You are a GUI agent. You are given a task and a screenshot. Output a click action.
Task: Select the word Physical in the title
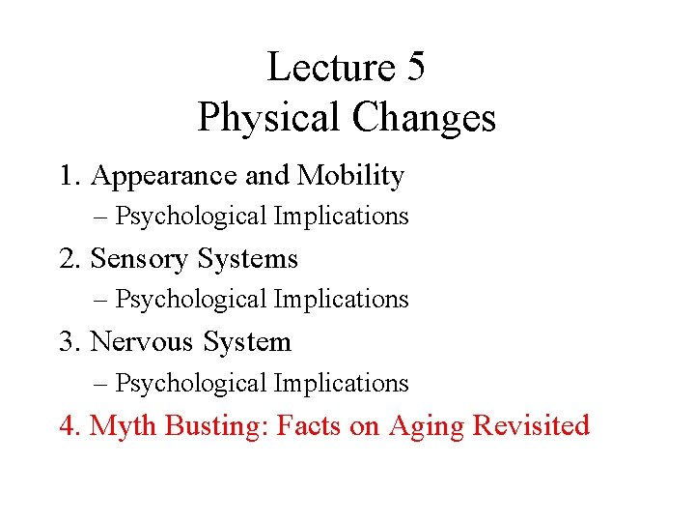click(x=269, y=118)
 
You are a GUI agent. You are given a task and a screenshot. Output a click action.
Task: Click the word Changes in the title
click(x=424, y=118)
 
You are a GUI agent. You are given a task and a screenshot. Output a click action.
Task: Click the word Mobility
click(x=350, y=176)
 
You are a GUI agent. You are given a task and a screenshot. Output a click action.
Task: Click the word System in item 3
click(x=246, y=343)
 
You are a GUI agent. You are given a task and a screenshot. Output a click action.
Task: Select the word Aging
click(x=426, y=426)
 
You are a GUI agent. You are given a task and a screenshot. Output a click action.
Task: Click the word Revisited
click(x=531, y=425)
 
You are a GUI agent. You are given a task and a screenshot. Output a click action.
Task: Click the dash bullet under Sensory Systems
click(x=102, y=301)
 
